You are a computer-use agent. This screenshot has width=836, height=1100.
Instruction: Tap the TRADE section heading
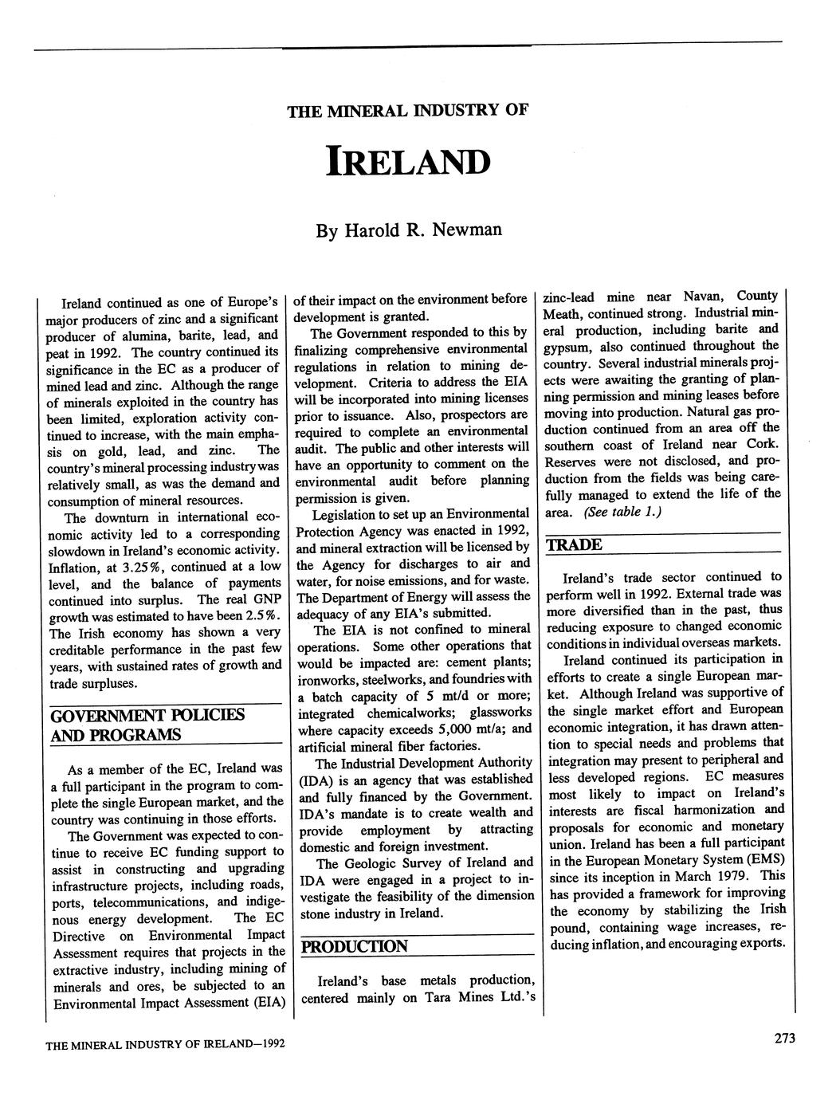[573, 545]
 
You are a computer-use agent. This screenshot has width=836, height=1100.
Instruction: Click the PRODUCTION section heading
[354, 947]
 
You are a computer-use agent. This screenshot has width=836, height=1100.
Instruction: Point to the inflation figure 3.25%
[139, 568]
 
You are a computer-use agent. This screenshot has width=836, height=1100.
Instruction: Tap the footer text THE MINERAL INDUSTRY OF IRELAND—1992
[166, 1044]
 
